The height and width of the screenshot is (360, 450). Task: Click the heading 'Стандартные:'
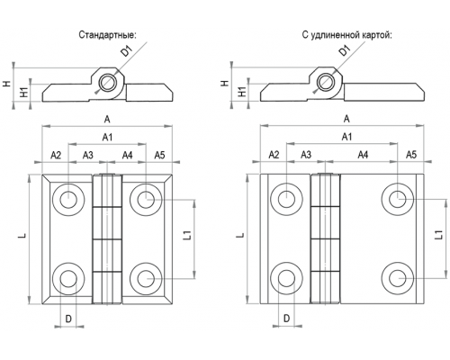click(107, 35)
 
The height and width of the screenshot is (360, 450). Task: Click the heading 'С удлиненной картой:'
click(347, 35)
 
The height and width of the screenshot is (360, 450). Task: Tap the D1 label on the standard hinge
click(127, 50)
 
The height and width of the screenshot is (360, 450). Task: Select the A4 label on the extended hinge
click(363, 155)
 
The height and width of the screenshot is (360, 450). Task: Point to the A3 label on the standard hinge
click(88, 155)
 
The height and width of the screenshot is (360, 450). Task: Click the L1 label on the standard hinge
click(187, 235)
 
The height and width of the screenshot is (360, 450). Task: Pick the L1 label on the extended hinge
click(438, 235)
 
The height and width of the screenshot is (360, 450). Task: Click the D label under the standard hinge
click(68, 319)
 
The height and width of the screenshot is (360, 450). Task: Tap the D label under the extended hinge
click(287, 319)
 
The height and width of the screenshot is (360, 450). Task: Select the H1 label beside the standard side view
click(24, 92)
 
